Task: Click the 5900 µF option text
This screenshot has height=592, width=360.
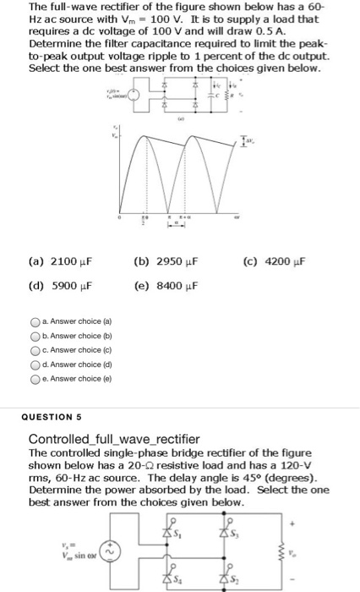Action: coord(58,285)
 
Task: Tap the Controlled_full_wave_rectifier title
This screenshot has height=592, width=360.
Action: coord(114,439)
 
